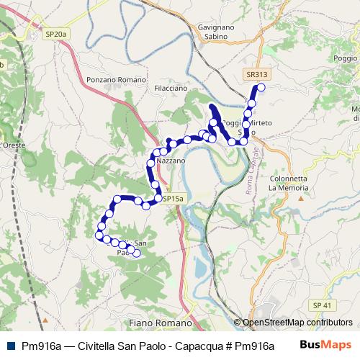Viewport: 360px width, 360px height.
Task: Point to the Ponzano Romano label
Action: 115,80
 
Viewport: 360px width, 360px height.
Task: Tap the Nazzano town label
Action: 171,161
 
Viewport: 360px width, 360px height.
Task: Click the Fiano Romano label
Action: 158,324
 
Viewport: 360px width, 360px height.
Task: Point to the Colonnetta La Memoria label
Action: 287,183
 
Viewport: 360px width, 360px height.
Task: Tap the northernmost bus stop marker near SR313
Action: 261,88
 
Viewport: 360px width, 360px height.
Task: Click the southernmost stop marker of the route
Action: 136,253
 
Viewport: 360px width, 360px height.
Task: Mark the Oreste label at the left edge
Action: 14,145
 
